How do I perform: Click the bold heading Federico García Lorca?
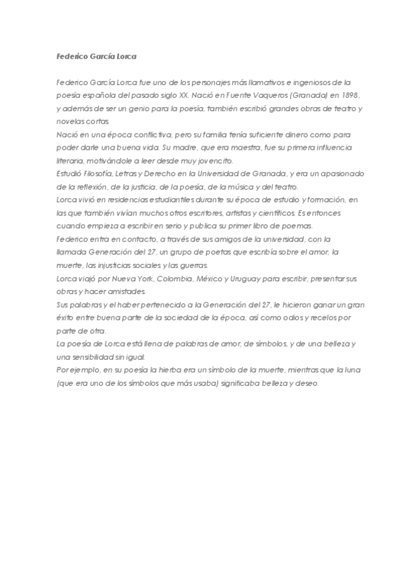[96, 57]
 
